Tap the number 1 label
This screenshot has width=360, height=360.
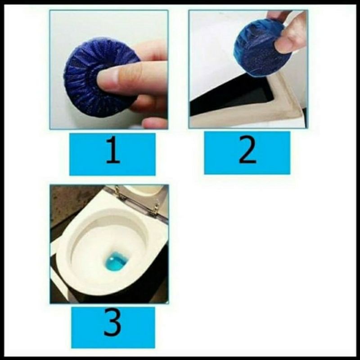click(x=112, y=150)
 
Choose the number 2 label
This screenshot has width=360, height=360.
click(x=247, y=150)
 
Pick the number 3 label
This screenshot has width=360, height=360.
click(x=112, y=322)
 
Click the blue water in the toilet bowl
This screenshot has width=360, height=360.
click(x=115, y=261)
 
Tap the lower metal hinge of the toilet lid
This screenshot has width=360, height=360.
click(x=154, y=209)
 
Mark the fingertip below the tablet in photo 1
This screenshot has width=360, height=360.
click(x=153, y=123)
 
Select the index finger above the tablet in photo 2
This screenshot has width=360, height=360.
click(x=279, y=14)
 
